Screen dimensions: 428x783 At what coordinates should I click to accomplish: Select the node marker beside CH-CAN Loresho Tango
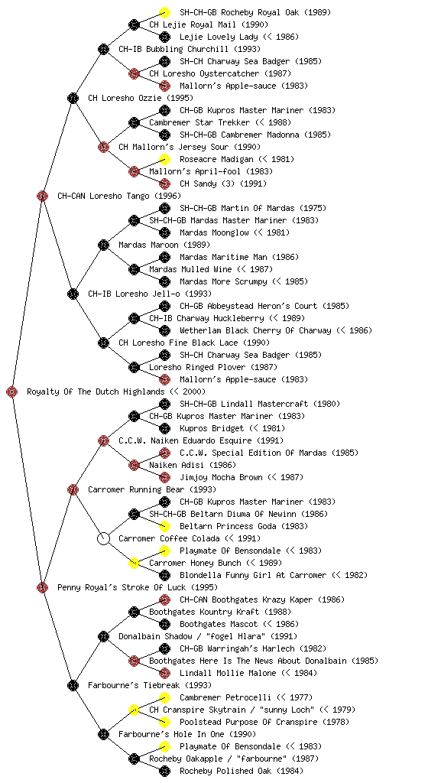42,196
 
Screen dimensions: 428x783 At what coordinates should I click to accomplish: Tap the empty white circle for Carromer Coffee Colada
103,538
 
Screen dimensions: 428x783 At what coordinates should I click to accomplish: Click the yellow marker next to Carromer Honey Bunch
134,563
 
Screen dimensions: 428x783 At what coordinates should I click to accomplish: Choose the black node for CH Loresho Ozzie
73,98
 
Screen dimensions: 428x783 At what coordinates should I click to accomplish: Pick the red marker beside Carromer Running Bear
73,489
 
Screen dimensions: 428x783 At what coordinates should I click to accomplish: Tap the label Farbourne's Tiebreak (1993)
150,685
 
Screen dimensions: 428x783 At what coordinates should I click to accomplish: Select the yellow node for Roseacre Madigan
164,159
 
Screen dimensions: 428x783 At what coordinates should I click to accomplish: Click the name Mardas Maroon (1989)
164,245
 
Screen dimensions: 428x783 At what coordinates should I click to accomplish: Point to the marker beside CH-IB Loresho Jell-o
73,294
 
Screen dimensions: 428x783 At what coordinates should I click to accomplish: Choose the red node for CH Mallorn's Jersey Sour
103,147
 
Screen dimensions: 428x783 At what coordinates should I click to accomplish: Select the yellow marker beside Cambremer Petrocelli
164,697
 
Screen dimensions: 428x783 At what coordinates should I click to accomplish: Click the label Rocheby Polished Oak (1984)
242,771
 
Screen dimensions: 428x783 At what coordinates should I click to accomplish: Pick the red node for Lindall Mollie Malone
164,673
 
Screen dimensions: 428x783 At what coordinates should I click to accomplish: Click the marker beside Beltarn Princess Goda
164,526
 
